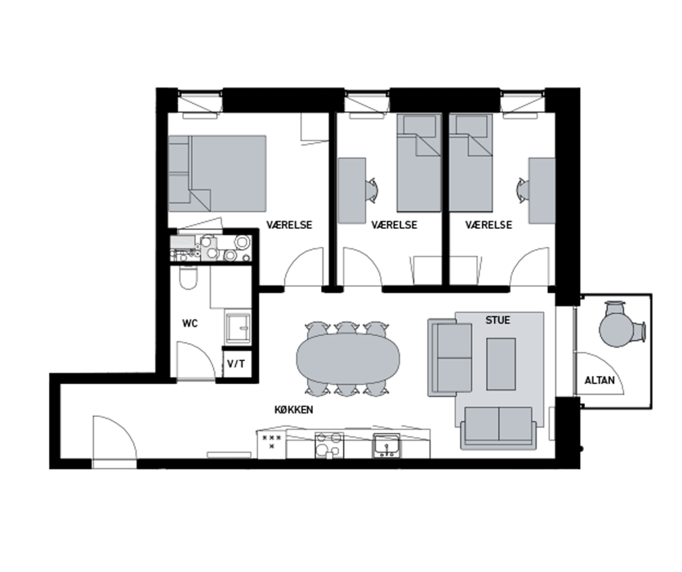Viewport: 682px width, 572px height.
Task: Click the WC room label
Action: [190, 324]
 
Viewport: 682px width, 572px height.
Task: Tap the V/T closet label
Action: [236, 364]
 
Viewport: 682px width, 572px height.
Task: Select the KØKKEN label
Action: [293, 409]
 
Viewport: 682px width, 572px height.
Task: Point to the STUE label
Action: [497, 320]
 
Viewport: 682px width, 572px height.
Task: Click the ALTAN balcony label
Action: [600, 381]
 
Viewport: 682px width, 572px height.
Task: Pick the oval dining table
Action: [348, 359]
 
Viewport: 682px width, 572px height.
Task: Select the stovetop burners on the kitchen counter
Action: [329, 445]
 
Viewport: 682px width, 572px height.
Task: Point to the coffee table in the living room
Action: [501, 364]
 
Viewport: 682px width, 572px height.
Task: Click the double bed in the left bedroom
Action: [217, 174]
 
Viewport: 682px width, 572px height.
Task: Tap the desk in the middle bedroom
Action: [352, 190]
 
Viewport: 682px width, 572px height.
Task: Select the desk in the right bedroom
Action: [542, 190]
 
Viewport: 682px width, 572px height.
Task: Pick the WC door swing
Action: [196, 361]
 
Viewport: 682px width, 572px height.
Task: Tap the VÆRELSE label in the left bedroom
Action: [289, 225]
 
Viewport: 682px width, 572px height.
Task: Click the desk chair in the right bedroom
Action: [521, 190]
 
